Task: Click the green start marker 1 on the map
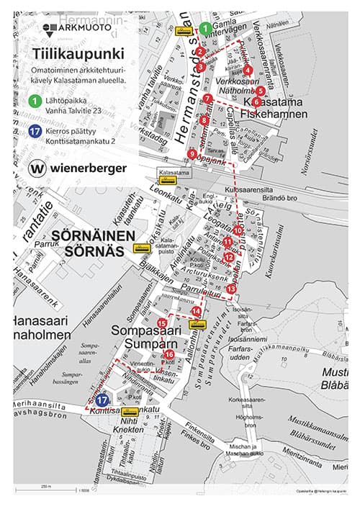coord(205,29)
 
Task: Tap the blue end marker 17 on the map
coord(102,400)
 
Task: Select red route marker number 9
coord(192,153)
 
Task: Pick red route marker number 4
coord(248,70)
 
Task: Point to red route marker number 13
coord(231,288)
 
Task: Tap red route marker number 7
coord(207,99)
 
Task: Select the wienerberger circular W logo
coord(38,168)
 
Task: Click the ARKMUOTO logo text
coord(85,27)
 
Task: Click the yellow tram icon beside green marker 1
coord(184,31)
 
